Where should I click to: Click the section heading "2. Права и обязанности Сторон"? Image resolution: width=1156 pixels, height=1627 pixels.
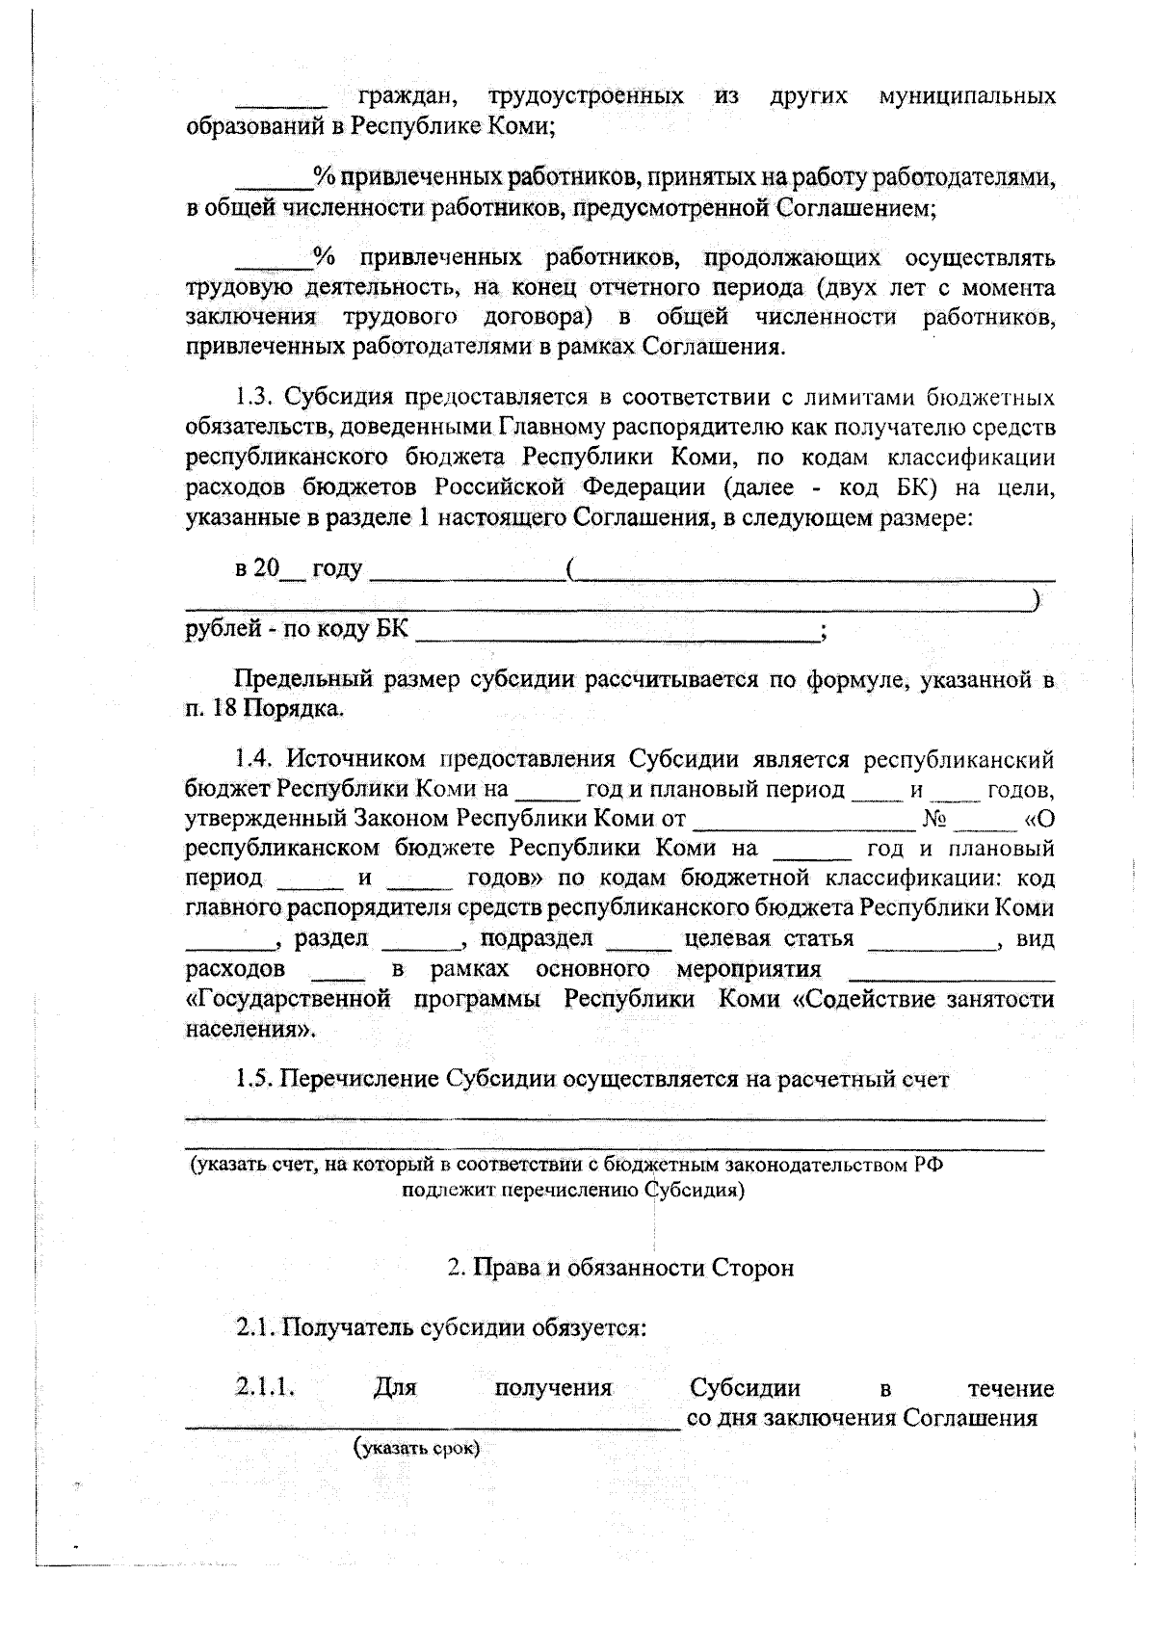(620, 1268)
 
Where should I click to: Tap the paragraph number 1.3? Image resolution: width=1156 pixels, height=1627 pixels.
(256, 398)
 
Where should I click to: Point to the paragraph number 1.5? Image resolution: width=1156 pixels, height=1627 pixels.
(256, 1079)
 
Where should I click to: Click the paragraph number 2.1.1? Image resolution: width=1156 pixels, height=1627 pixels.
(264, 1388)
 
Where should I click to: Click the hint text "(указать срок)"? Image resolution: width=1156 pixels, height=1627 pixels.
(417, 1448)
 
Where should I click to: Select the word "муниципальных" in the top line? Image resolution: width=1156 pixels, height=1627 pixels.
(966, 96)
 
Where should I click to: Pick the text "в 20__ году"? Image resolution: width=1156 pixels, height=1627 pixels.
(298, 569)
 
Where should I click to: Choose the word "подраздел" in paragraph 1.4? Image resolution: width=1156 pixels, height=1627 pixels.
(537, 939)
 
